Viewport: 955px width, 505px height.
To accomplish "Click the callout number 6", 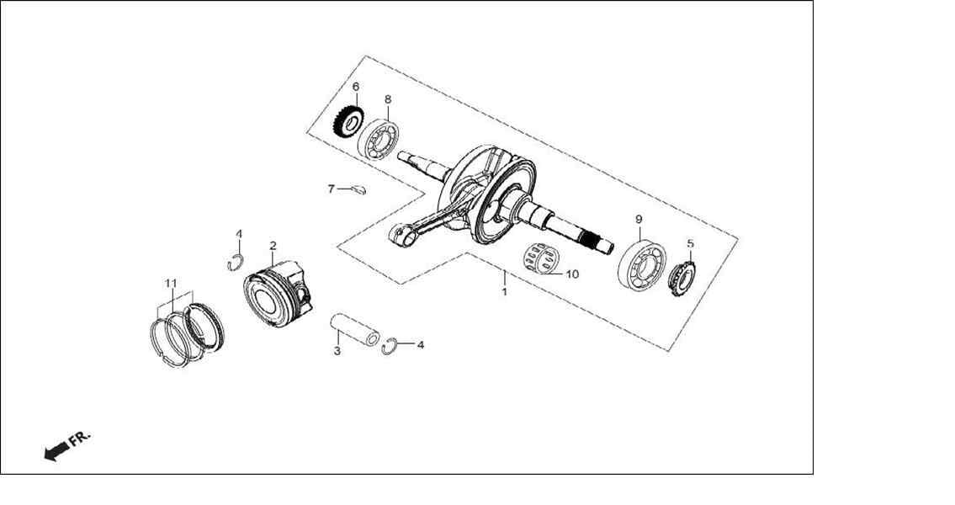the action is [x=356, y=87].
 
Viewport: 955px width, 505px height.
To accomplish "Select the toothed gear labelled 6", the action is [x=348, y=123].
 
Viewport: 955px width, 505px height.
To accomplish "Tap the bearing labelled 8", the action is [x=379, y=140].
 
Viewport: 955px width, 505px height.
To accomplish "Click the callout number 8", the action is [x=388, y=99].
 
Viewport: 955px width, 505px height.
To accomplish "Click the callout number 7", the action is [x=332, y=189].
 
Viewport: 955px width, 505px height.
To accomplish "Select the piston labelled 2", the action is [x=279, y=294].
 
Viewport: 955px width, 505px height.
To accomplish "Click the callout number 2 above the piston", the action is [x=273, y=246].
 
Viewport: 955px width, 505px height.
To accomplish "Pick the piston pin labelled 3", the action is [x=355, y=330].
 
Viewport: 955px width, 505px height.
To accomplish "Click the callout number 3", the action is [x=337, y=351].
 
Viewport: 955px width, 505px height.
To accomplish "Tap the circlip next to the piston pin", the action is [x=390, y=346].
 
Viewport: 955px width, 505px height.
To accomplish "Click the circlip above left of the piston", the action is [x=235, y=263].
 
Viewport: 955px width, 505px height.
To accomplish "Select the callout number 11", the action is [x=171, y=284].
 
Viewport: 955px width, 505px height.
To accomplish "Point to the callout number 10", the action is [x=572, y=274].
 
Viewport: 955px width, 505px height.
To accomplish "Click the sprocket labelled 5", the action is [x=682, y=278].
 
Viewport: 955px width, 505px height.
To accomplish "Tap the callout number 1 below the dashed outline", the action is [x=504, y=292].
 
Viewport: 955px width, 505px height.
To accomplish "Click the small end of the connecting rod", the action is [x=401, y=235].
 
